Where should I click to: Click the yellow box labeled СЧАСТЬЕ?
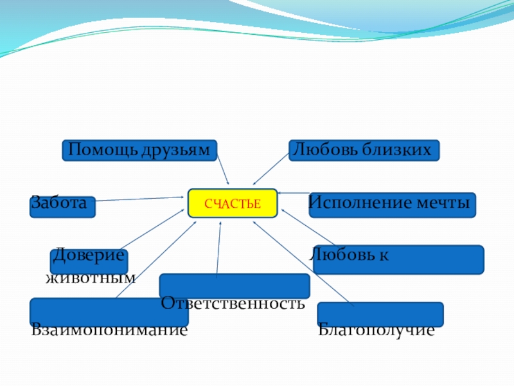coord(233,204)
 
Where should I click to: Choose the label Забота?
coord(58,203)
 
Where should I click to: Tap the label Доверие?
coord(88,255)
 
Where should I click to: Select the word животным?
coord(91,278)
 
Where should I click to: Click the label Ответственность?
coord(233,302)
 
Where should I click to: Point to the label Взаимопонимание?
coord(109,331)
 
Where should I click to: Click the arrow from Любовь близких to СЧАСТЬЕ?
coord(271,169)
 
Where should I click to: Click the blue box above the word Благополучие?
coord(380,313)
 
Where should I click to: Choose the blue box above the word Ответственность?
coord(235,285)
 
